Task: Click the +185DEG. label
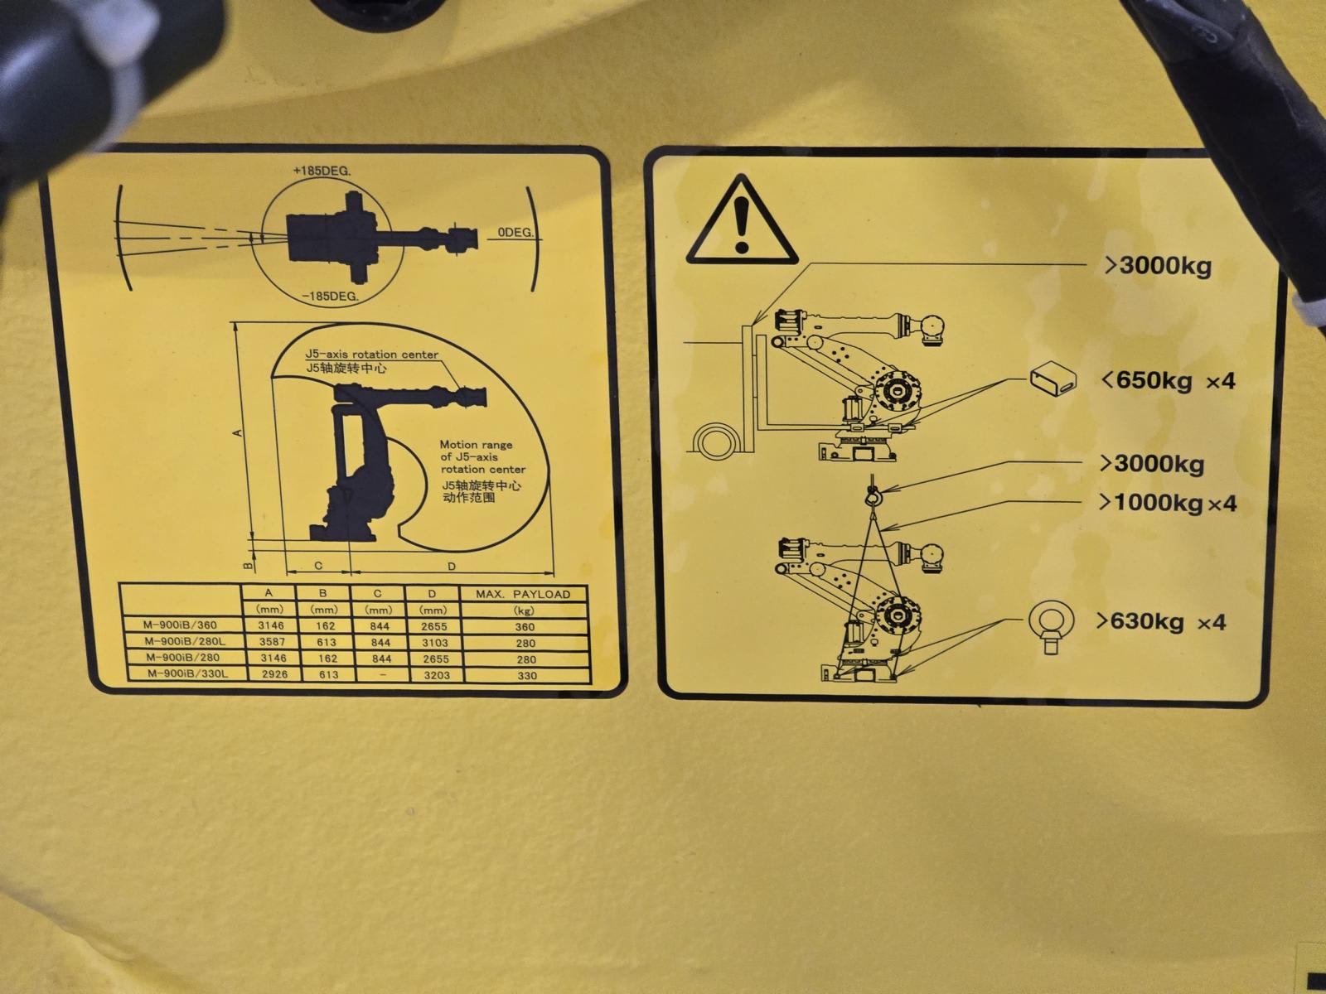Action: pyautogui.click(x=322, y=171)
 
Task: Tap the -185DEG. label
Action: pyautogui.click(x=330, y=297)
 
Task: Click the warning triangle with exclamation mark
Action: pyautogui.click(x=741, y=221)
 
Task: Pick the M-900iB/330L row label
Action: pyautogui.click(x=188, y=674)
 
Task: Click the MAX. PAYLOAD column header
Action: pyautogui.click(x=523, y=594)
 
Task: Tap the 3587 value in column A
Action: pyautogui.click(x=272, y=641)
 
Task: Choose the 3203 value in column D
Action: pyautogui.click(x=436, y=675)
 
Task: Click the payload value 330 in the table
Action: pyautogui.click(x=527, y=675)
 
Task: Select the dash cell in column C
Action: pyautogui.click(x=382, y=675)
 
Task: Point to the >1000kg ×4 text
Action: pyautogui.click(x=1167, y=503)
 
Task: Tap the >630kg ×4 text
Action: pyautogui.click(x=1160, y=621)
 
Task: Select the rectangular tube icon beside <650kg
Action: pyautogui.click(x=1053, y=379)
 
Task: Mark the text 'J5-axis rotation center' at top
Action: pyautogui.click(x=371, y=355)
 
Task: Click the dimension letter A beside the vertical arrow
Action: pyautogui.click(x=238, y=432)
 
